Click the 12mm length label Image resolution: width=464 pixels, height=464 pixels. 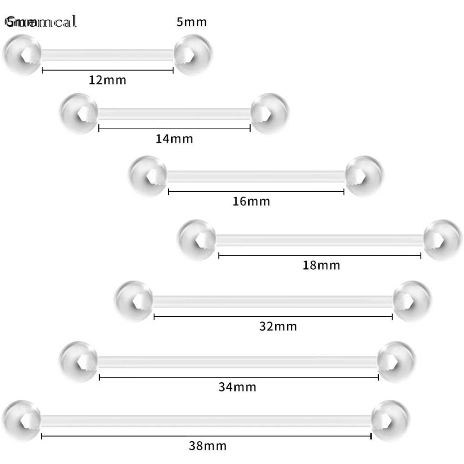pyautogui.click(x=108, y=80)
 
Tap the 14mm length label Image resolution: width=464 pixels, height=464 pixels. pyautogui.click(x=174, y=138)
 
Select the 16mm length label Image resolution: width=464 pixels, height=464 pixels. pyautogui.click(x=251, y=201)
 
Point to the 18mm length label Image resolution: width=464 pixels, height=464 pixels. pyautogui.click(x=322, y=265)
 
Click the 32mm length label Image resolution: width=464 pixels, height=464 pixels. pyautogui.click(x=278, y=326)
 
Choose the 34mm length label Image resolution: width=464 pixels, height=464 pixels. pyautogui.click(x=238, y=387)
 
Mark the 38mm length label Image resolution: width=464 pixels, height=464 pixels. pyautogui.click(x=208, y=446)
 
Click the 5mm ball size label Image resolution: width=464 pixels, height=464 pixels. pyautogui.click(x=192, y=22)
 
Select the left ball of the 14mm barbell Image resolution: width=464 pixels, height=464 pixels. pyautogui.click(x=79, y=114)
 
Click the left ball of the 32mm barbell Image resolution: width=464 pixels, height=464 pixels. pyautogui.click(x=133, y=300)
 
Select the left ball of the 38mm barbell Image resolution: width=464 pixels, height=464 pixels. pyautogui.click(x=21, y=420)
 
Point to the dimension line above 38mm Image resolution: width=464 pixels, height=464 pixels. pyautogui.click(x=206, y=436)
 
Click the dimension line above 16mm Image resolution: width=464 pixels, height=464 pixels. pyautogui.click(x=256, y=191)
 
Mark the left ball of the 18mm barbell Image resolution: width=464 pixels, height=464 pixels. pyautogui.click(x=197, y=239)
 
